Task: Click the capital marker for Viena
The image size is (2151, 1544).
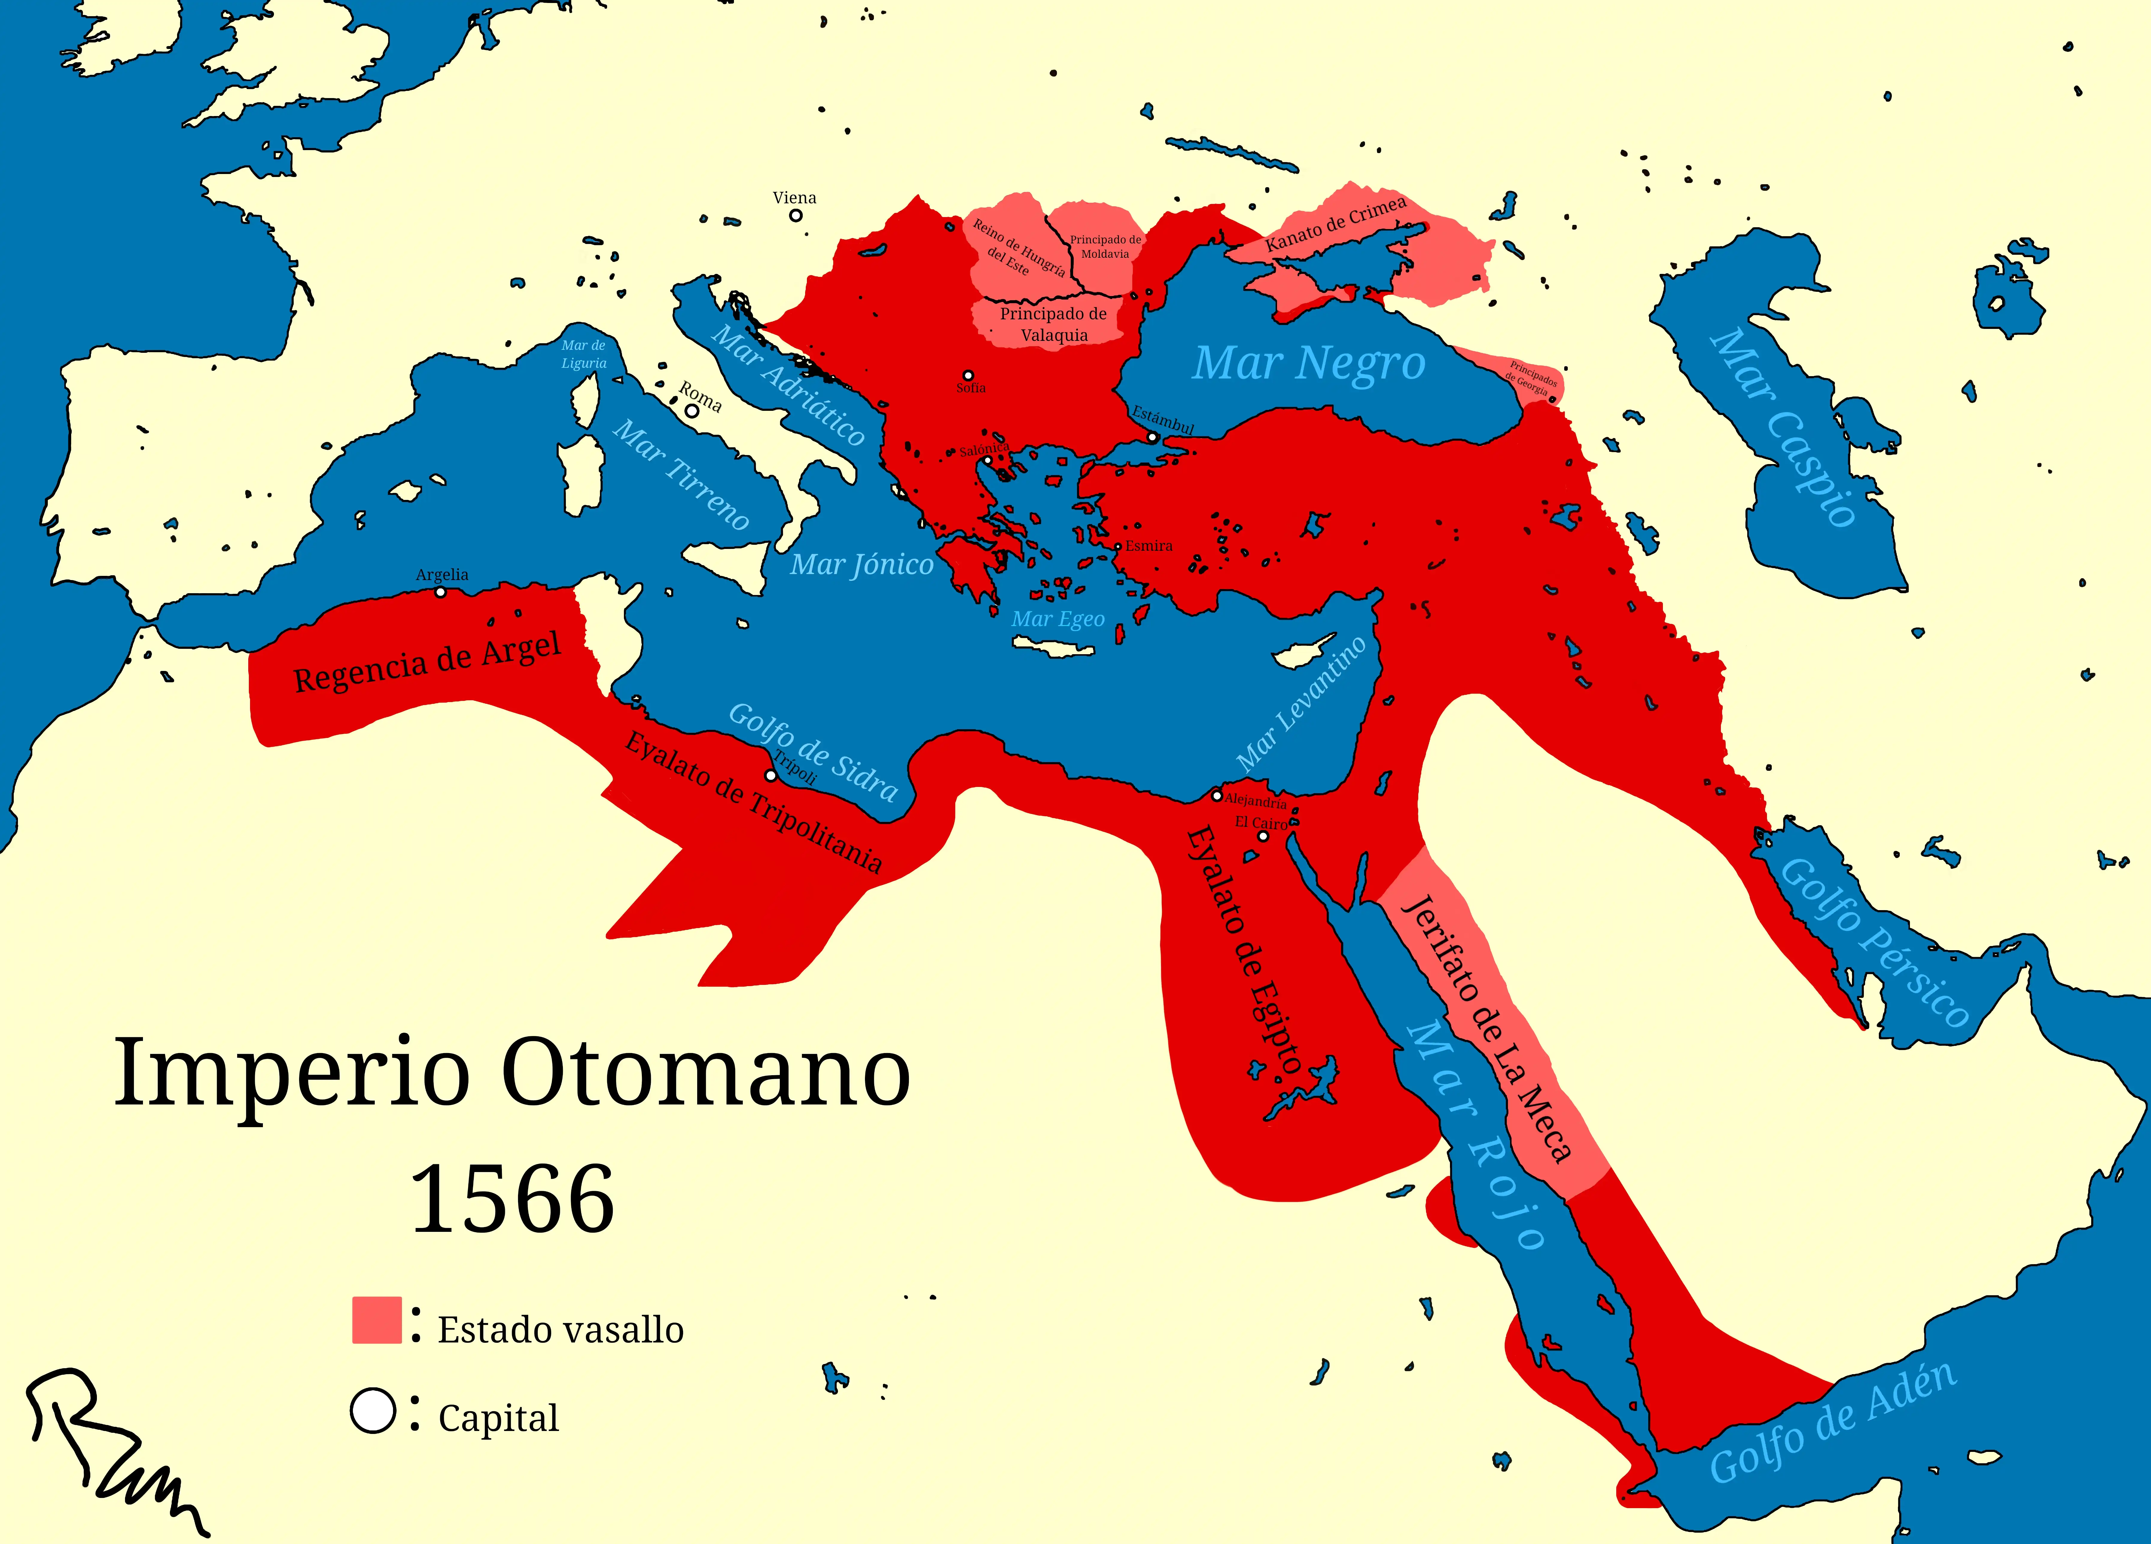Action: point(796,215)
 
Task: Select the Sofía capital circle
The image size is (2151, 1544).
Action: point(968,376)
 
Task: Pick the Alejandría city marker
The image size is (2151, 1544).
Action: point(1217,796)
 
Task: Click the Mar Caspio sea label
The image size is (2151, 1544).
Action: point(1783,427)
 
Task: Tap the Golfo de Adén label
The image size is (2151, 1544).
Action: point(1832,1423)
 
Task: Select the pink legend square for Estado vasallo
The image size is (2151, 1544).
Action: point(377,1320)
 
